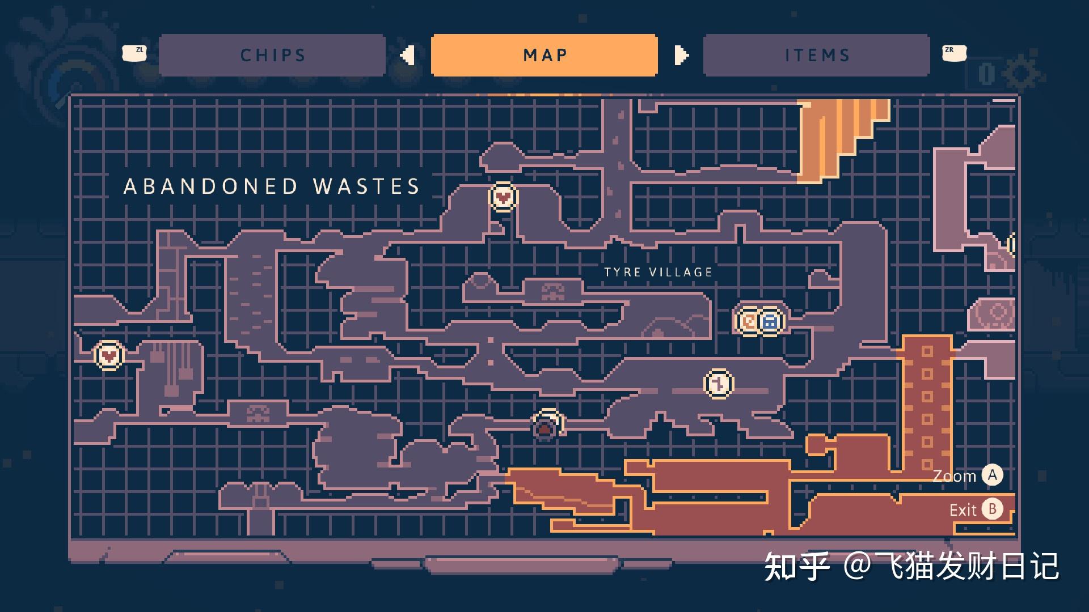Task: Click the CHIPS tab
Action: [272, 55]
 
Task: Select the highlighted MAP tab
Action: [544, 55]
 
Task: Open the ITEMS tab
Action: [817, 55]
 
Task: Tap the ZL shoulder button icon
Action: [134, 53]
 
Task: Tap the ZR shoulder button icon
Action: [953, 53]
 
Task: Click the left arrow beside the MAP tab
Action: [407, 55]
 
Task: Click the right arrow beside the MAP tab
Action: [681, 55]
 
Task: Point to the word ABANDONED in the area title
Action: [210, 186]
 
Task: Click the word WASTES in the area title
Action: [366, 186]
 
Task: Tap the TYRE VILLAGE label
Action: [658, 273]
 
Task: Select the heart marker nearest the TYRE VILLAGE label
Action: [503, 197]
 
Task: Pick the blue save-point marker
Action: [770, 321]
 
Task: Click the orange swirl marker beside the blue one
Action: [749, 321]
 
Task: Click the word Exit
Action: [963, 510]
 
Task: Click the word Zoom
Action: [955, 476]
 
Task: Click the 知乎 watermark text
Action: [796, 566]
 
